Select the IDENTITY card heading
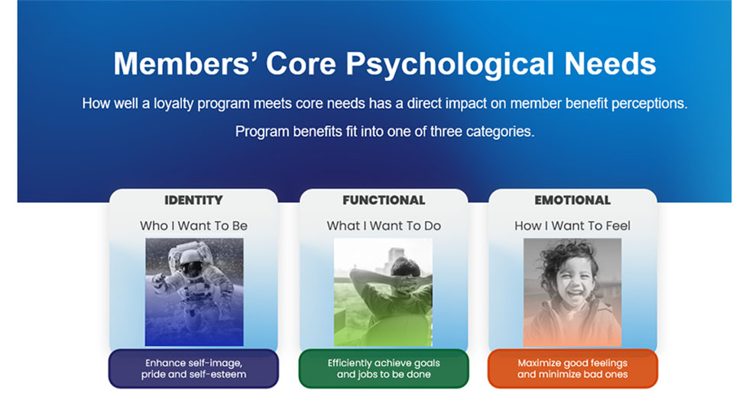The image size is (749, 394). [x=193, y=200]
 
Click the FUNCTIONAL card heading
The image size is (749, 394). [x=384, y=200]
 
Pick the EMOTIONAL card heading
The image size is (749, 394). [x=572, y=200]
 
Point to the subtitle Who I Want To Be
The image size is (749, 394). [x=193, y=226]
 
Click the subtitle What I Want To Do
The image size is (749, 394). [x=384, y=226]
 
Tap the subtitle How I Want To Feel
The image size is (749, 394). [x=572, y=226]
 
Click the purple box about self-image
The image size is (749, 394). [x=193, y=369]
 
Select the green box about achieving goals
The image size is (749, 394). [x=384, y=369]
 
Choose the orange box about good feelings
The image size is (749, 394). [x=572, y=369]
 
